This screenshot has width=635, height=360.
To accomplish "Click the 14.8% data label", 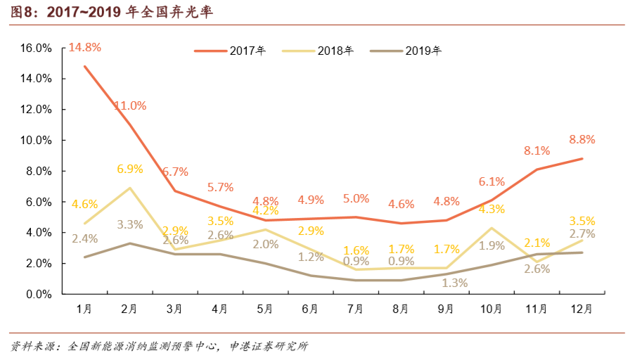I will point(84,48).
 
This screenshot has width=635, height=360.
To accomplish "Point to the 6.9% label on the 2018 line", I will point(129,169).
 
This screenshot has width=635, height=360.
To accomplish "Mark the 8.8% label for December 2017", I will point(582,139).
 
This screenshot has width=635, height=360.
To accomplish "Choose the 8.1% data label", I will point(537,150).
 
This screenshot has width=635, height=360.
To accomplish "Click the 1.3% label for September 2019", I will point(446,283).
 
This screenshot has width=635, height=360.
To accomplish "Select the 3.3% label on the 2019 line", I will point(129,225).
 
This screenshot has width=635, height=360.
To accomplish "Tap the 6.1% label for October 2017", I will point(492,181).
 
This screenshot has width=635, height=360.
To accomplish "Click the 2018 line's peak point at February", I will point(129,188).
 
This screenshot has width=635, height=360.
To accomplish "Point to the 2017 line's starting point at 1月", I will point(84,66).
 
